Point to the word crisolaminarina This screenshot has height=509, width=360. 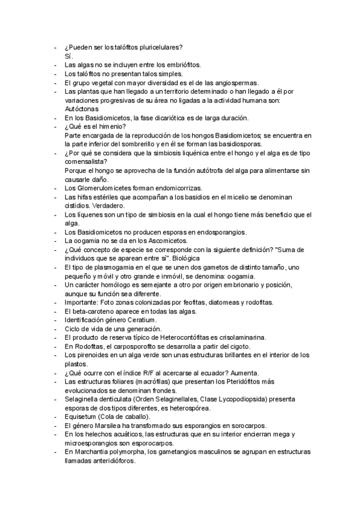239,337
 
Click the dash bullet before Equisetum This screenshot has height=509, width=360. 56,417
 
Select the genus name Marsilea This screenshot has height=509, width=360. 113,426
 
